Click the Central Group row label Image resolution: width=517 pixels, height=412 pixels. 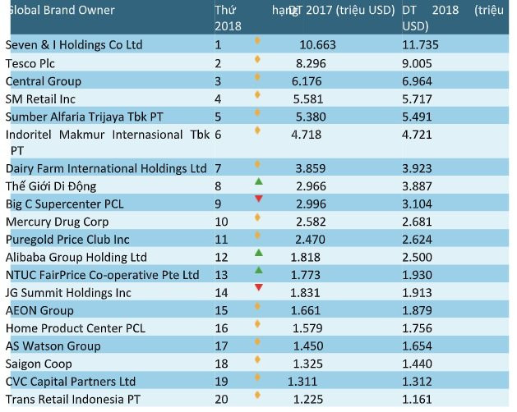pyautogui.click(x=44, y=81)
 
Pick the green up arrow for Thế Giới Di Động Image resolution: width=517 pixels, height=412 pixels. pyautogui.click(x=258, y=181)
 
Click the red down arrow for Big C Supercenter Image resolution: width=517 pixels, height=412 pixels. pyautogui.click(x=258, y=199)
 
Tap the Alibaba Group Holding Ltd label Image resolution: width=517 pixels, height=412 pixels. pyautogui.click(x=76, y=257)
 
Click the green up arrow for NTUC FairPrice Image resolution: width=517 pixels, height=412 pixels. pyautogui.click(x=258, y=270)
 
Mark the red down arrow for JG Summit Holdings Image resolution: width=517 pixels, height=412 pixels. pyautogui.click(x=258, y=287)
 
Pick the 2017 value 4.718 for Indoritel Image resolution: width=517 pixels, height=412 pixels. pyautogui.click(x=307, y=135)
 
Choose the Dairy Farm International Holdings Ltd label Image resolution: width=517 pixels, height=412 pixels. pyautogui.click(x=106, y=168)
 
